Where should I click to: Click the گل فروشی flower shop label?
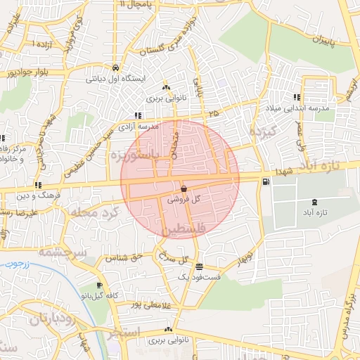184,200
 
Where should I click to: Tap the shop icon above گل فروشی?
184,188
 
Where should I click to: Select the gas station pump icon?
265,181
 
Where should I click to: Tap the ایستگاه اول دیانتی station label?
115,79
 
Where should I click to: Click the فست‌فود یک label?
200,278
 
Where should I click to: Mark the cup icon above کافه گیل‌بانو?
99,285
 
